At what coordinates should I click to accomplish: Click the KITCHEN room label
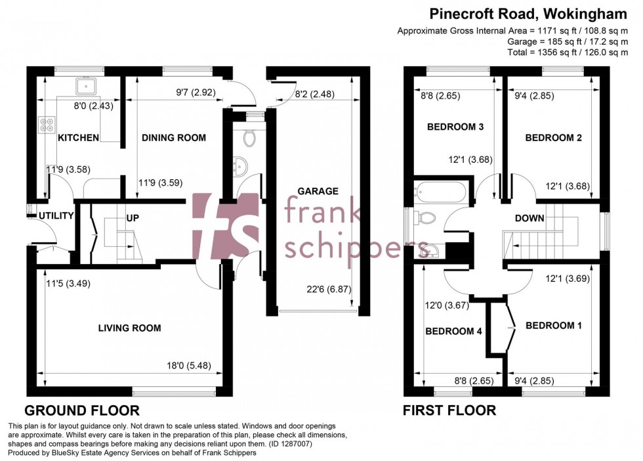(79, 138)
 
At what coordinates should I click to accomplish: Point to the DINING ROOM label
(174, 138)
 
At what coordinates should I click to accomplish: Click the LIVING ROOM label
(129, 328)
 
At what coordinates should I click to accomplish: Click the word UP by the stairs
(132, 217)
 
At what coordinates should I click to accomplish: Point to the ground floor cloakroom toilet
(249, 139)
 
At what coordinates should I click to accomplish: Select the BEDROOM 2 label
(553, 138)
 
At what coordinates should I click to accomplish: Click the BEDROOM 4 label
(453, 332)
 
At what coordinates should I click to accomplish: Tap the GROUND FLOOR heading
(82, 411)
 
